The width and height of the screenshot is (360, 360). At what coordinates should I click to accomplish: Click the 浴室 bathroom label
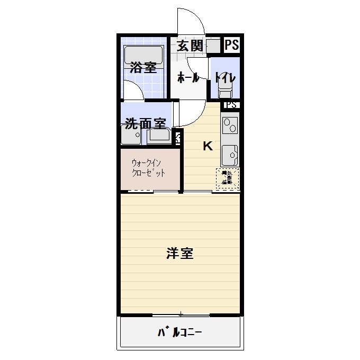pyautogui.click(x=143, y=68)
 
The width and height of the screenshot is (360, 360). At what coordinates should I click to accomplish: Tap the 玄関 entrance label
pyautogui.click(x=190, y=46)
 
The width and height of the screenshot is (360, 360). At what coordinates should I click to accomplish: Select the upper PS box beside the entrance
pyautogui.click(x=232, y=46)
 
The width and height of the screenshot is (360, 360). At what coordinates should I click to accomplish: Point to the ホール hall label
pyautogui.click(x=188, y=78)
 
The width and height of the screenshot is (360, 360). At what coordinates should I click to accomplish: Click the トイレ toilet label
pyautogui.click(x=225, y=78)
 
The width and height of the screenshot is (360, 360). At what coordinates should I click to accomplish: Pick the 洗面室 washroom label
pyautogui.click(x=146, y=124)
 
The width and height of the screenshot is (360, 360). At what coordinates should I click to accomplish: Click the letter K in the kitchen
pyautogui.click(x=208, y=147)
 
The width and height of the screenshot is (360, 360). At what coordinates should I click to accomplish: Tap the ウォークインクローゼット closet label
pyautogui.click(x=149, y=168)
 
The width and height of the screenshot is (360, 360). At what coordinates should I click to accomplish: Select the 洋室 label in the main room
pyautogui.click(x=180, y=254)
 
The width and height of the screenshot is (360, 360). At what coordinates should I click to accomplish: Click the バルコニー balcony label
pyautogui.click(x=180, y=333)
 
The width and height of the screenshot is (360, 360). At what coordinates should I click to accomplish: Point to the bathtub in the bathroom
pyautogui.click(x=143, y=55)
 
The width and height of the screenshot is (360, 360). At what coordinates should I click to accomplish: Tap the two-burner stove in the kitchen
pyautogui.click(x=231, y=126)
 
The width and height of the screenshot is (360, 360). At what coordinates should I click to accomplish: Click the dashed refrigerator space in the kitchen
pyautogui.click(x=228, y=178)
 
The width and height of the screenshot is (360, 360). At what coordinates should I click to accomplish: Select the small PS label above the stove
pyautogui.click(x=231, y=105)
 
